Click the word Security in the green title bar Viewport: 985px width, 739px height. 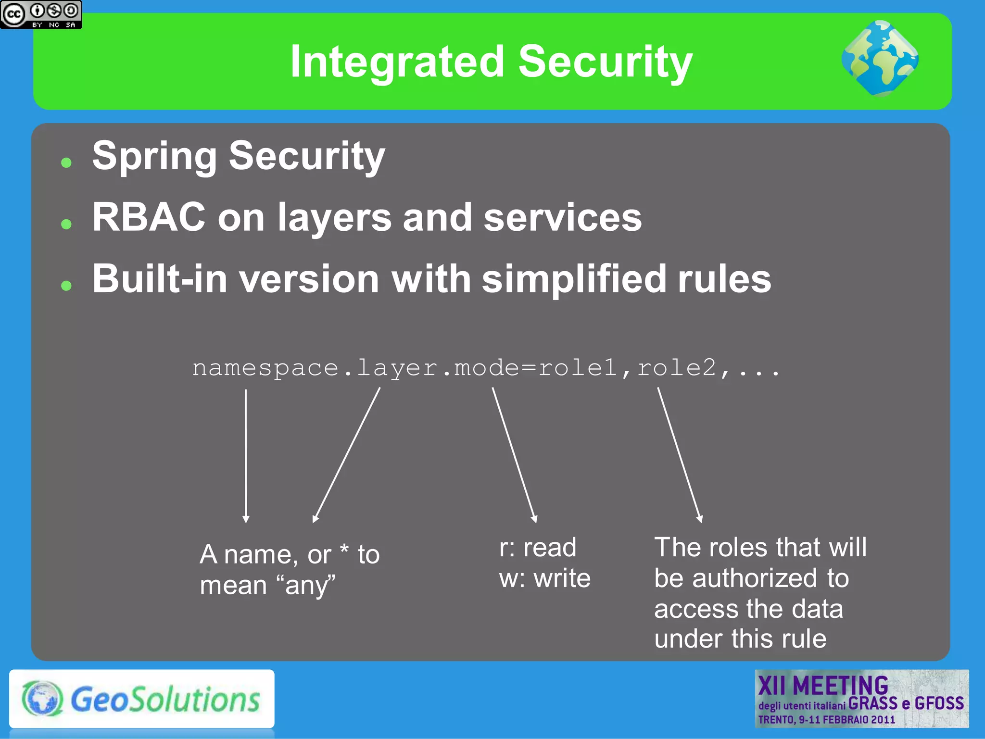tap(605, 63)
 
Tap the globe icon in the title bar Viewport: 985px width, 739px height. tap(880, 59)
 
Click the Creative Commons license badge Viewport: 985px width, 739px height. tap(41, 14)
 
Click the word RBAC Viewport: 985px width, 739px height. tap(149, 217)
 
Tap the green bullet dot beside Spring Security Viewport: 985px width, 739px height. tap(66, 163)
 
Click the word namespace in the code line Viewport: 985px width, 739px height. tap(265, 369)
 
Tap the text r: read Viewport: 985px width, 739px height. tap(537, 548)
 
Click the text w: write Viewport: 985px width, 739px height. tap(544, 578)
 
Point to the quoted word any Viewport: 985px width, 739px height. tap(306, 586)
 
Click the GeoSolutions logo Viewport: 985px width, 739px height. tap(141, 699)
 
